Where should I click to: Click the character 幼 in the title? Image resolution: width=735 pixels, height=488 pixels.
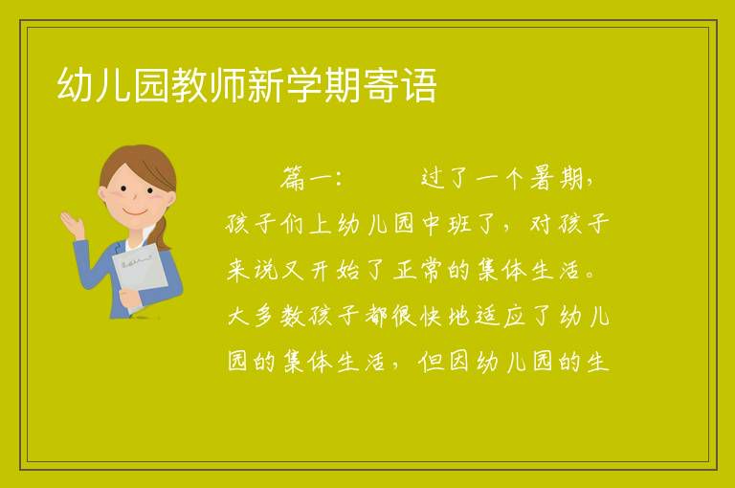(x=75, y=84)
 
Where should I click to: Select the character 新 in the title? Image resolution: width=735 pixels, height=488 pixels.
(x=265, y=84)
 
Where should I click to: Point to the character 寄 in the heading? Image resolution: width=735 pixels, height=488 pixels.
(x=380, y=84)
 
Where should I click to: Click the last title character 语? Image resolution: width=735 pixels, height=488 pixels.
(x=418, y=84)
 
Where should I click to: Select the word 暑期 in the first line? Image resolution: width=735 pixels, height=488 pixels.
(x=556, y=179)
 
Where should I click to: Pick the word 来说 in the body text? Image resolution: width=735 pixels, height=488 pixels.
(x=253, y=270)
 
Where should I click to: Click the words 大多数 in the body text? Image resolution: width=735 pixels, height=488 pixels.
(x=266, y=316)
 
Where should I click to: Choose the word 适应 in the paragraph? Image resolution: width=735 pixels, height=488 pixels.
(x=500, y=316)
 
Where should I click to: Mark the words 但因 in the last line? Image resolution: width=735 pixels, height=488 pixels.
(x=444, y=362)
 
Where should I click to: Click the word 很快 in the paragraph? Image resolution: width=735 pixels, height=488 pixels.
(x=416, y=316)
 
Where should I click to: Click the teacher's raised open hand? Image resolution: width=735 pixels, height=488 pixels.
(x=73, y=225)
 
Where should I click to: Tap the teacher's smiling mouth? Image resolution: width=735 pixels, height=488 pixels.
(x=135, y=211)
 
